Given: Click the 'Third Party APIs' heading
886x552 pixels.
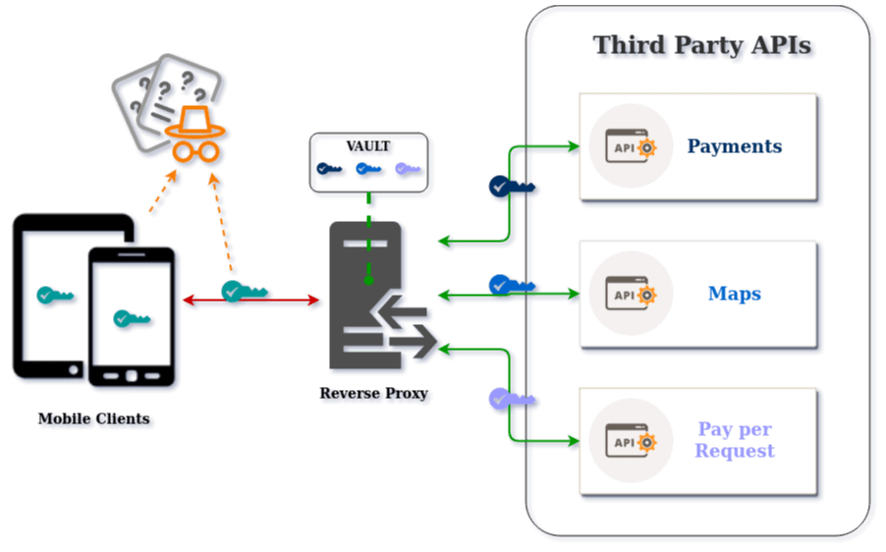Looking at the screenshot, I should pyautogui.click(x=704, y=47).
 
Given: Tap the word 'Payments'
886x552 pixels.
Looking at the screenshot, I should pyautogui.click(x=734, y=146).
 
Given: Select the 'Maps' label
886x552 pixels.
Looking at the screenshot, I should pyautogui.click(x=734, y=294).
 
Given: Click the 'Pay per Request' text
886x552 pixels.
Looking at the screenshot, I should pyautogui.click(x=734, y=440).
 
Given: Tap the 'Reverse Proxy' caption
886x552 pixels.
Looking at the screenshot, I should pyautogui.click(x=375, y=395).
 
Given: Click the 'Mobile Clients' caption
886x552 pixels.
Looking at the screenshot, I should pyautogui.click(x=95, y=419).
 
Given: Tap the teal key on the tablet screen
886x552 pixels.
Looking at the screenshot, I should pyautogui.click(x=57, y=295).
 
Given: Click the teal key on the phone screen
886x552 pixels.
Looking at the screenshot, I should pyautogui.click(x=134, y=319).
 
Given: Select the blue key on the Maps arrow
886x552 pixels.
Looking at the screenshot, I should pyautogui.click(x=512, y=285).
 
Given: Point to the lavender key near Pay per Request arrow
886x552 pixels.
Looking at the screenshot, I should pyautogui.click(x=512, y=399).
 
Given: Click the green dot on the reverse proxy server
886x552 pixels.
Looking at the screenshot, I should pyautogui.click(x=368, y=281).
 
